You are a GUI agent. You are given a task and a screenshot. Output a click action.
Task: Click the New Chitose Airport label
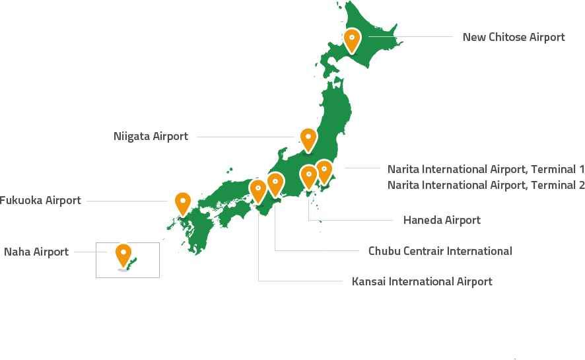[x=514, y=37]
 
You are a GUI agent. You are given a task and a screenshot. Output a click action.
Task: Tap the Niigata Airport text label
[x=151, y=137]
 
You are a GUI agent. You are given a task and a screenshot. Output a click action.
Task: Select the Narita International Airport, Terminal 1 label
[x=486, y=168]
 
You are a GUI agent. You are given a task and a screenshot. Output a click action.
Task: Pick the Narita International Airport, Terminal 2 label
[x=486, y=185]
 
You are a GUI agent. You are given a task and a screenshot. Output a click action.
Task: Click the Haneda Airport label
[x=442, y=220]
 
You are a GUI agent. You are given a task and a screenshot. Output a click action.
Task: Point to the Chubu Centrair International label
[x=440, y=251]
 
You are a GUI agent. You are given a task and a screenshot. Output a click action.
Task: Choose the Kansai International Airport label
[x=422, y=281]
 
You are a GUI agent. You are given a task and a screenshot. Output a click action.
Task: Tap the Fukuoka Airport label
[x=40, y=200]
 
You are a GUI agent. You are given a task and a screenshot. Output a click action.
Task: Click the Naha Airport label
[x=36, y=252]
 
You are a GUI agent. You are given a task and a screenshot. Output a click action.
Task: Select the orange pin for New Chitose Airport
[x=352, y=39]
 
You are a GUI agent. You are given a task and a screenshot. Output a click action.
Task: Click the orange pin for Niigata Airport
[x=308, y=138]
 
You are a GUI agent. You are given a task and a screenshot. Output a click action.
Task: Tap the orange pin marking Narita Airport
[x=324, y=170]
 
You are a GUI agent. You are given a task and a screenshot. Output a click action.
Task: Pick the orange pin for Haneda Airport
[x=308, y=176]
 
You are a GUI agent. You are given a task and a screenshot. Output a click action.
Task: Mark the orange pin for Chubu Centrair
[x=275, y=183]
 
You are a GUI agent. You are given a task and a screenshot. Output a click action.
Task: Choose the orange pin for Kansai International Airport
[x=258, y=190]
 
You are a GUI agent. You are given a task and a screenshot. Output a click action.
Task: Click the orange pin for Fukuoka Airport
[x=183, y=201]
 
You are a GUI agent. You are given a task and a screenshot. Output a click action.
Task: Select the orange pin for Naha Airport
[x=123, y=254]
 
